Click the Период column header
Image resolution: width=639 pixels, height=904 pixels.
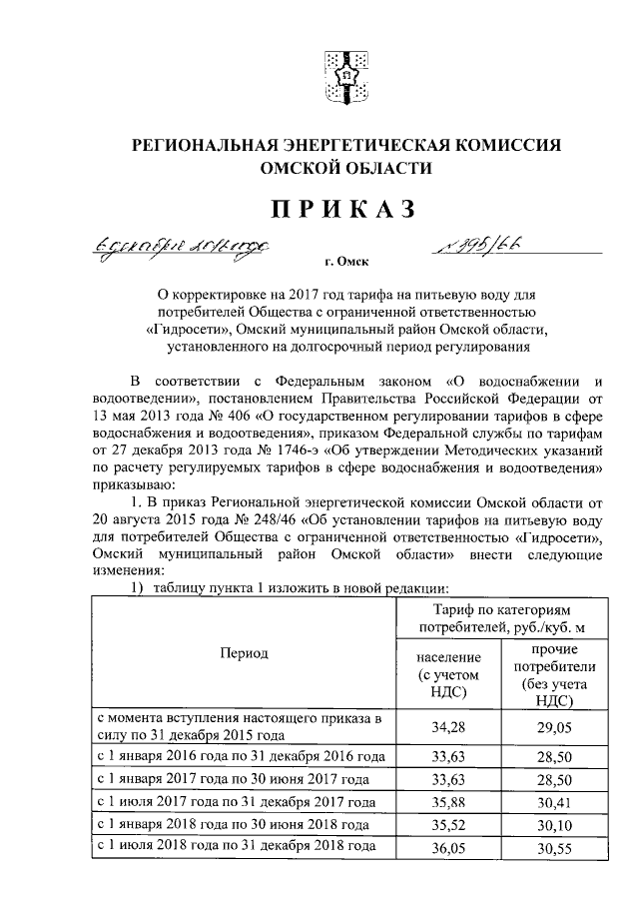[x=244, y=652]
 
